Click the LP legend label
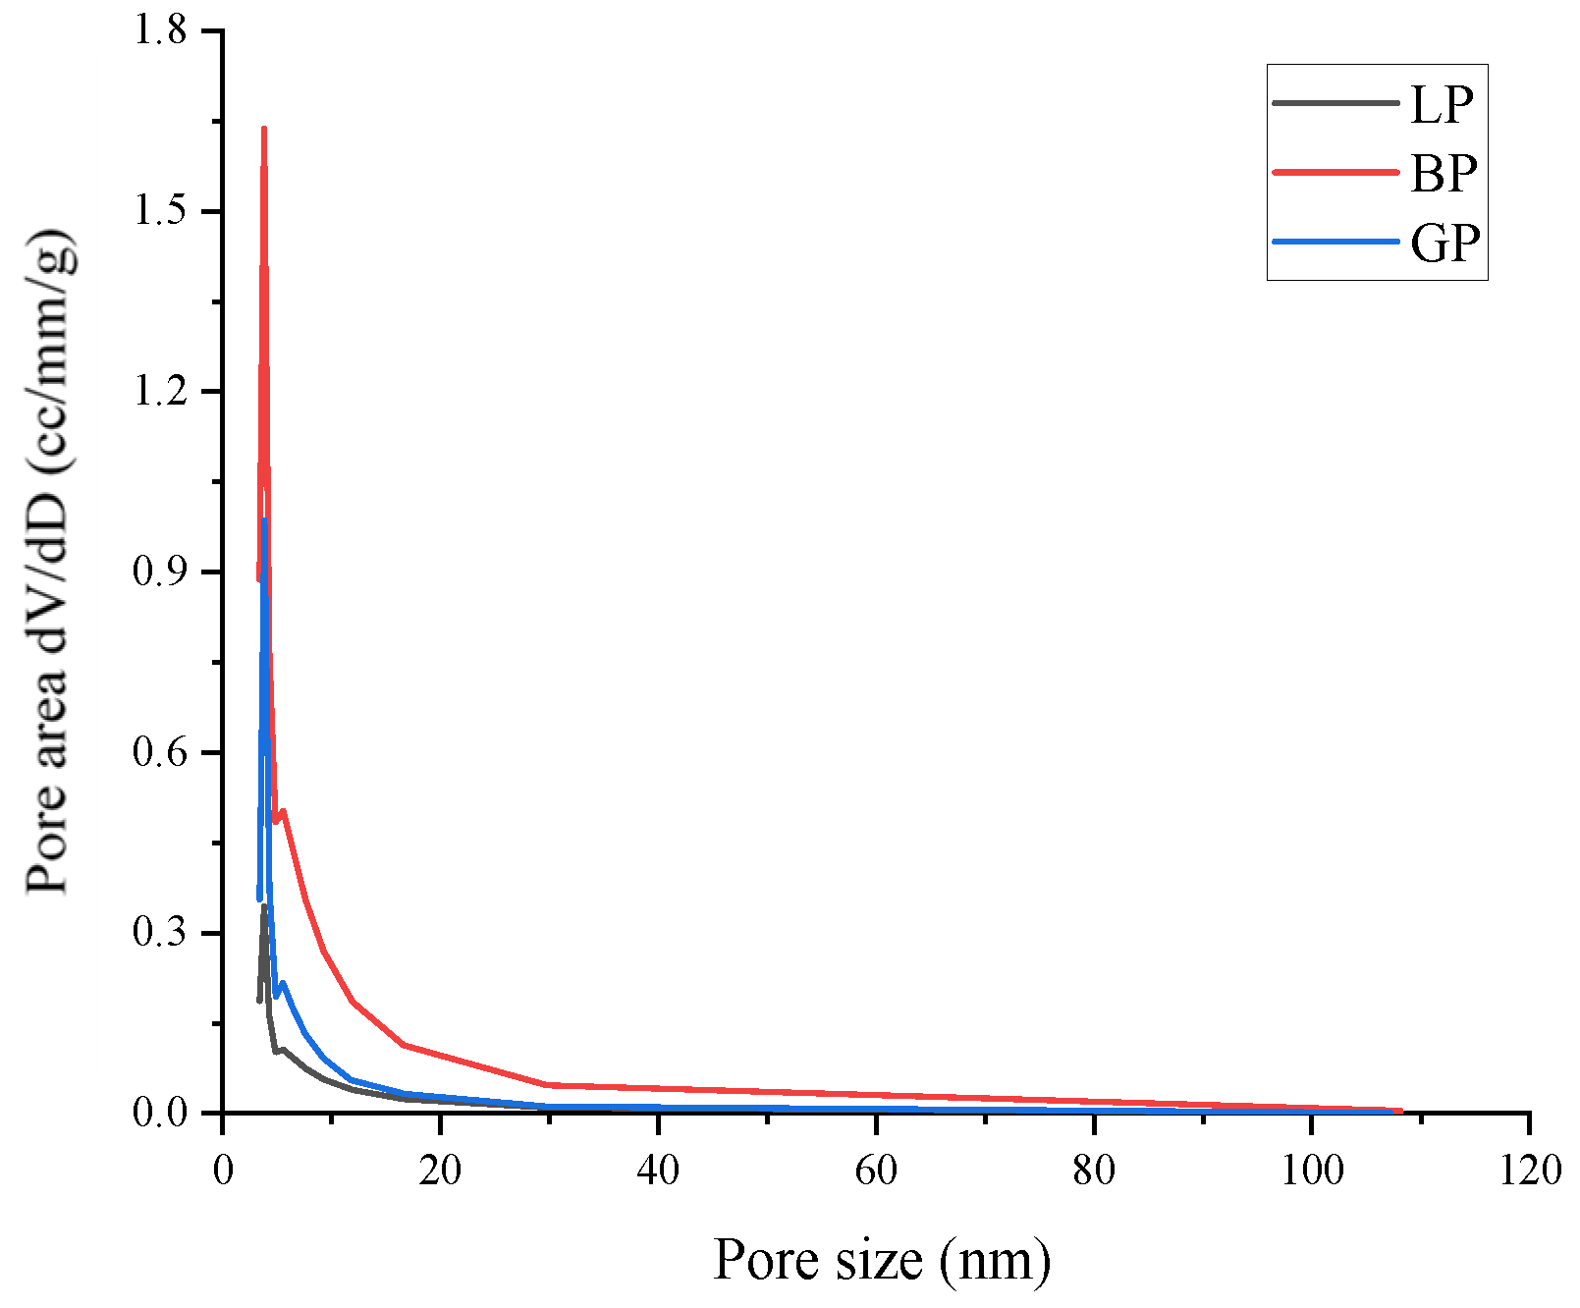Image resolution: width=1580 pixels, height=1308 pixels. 1442,104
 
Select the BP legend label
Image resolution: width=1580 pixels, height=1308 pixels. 1443,173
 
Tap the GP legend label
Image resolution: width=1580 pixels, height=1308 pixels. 1444,242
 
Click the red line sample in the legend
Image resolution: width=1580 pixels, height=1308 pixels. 1335,172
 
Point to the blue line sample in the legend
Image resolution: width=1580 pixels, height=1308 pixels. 1335,241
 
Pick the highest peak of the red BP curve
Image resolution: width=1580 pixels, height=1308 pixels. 264,129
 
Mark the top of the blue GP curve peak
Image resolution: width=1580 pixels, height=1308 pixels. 264,520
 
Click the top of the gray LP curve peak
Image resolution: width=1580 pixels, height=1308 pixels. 264,906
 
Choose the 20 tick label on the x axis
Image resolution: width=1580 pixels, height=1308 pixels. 440,1170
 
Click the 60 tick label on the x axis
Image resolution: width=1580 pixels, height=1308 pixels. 876,1170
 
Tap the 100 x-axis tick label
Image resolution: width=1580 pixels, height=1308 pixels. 1312,1170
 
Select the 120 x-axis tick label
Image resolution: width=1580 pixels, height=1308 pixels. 1529,1170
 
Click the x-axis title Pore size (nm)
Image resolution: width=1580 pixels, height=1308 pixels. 881,1259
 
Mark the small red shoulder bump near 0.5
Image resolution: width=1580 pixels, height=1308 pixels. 284,811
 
